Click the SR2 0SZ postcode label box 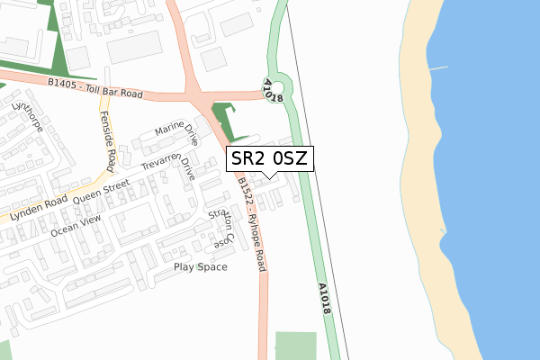click(x=269, y=160)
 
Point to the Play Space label click(x=201, y=267)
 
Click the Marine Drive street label click(x=177, y=135)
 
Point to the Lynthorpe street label click(x=22, y=118)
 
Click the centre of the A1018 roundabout click(x=279, y=84)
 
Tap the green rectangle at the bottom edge click(x=296, y=346)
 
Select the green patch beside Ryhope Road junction click(x=221, y=119)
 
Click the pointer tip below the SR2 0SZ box click(x=269, y=177)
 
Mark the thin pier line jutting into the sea click(x=437, y=67)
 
